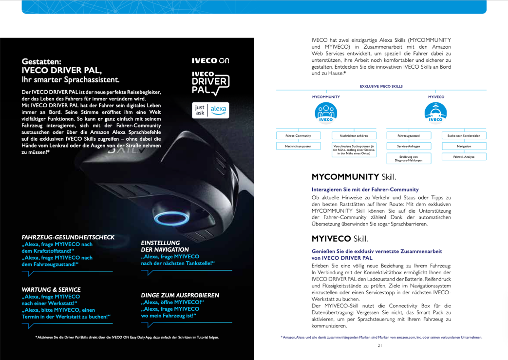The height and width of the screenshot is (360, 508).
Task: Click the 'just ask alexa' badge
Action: click(210, 110)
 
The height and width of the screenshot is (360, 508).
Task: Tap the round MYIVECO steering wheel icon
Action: click(436, 112)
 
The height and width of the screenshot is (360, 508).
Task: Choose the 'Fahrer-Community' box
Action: click(298, 135)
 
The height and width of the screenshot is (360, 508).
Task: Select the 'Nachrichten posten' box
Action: click(298, 146)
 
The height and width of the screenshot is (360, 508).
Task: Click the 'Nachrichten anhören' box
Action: click(354, 135)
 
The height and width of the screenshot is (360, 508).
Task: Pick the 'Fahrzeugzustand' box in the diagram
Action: click(409, 135)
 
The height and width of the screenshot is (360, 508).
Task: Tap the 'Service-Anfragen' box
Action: click(409, 146)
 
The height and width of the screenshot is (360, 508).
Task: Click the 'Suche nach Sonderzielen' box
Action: click(464, 135)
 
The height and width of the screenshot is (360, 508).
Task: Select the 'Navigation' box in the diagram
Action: click(464, 146)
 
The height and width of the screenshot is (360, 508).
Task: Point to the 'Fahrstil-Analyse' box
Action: click(464, 157)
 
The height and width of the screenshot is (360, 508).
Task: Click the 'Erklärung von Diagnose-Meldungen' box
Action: click(409, 158)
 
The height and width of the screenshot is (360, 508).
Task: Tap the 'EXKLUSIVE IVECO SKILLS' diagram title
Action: click(381, 86)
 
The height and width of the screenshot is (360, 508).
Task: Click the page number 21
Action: click(380, 346)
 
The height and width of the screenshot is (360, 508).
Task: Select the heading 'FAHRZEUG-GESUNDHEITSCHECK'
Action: click(68, 237)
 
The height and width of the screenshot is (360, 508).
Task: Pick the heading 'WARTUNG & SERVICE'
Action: click(51, 289)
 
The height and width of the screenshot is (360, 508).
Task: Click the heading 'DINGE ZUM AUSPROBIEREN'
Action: click(180, 295)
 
